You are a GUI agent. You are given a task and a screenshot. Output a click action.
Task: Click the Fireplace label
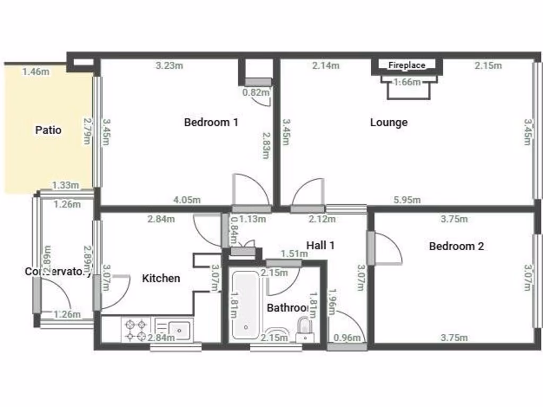click(407, 65)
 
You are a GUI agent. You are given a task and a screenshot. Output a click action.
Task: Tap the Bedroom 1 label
click(211, 122)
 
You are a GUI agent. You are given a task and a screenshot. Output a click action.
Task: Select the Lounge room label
click(389, 122)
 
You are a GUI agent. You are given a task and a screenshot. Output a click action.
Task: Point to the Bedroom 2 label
click(456, 246)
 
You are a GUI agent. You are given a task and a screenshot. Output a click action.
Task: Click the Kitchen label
click(161, 278)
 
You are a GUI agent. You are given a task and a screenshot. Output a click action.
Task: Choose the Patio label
click(48, 130)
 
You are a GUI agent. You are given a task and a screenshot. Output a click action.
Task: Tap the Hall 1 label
click(320, 245)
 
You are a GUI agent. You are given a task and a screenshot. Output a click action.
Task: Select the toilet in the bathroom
click(304, 328)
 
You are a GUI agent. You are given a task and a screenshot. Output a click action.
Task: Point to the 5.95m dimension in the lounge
click(407, 200)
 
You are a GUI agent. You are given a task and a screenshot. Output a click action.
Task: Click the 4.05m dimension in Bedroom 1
click(187, 200)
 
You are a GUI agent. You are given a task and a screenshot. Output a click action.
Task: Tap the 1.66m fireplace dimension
click(407, 82)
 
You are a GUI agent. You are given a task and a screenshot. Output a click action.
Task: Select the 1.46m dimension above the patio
click(36, 72)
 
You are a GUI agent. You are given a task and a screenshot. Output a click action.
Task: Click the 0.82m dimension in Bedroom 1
click(256, 92)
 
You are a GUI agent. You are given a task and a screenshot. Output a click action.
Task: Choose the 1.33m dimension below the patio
click(66, 185)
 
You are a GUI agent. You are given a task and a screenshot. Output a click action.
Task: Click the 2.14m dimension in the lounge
click(326, 66)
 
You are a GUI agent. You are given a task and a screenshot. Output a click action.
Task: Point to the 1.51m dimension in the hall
click(294, 254)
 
